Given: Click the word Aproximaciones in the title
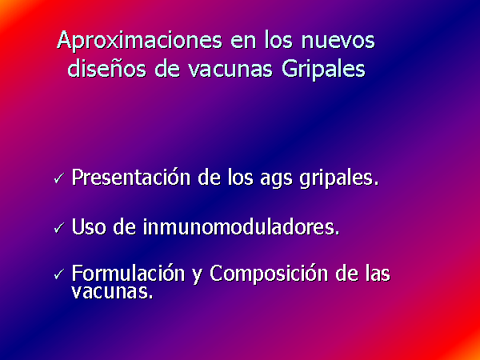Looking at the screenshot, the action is click(x=139, y=41).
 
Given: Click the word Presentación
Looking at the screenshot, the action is click(x=131, y=178).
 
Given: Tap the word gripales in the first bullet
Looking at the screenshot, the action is click(x=339, y=179).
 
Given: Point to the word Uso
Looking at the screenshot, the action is click(x=89, y=227).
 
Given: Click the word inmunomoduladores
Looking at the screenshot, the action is click(x=242, y=227).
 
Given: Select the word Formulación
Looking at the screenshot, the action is click(x=128, y=273).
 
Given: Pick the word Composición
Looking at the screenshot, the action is click(x=269, y=273).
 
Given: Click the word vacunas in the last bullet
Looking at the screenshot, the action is click(x=112, y=291).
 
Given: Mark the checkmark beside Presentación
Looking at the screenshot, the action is click(x=59, y=178).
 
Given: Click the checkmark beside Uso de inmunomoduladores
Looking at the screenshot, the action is click(x=59, y=228).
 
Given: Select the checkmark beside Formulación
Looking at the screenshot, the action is click(x=59, y=274).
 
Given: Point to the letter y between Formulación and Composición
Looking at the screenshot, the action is click(x=197, y=276).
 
